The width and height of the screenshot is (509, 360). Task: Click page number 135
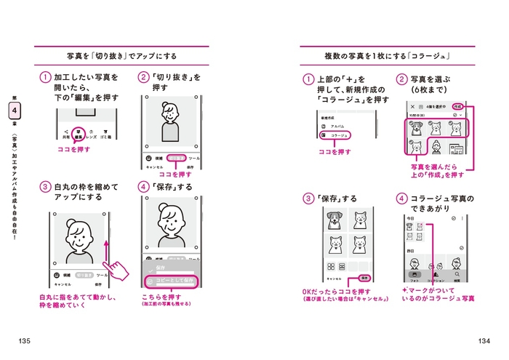25,341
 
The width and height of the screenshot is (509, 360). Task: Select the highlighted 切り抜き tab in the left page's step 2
175,157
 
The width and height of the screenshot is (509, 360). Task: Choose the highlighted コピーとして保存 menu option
175,281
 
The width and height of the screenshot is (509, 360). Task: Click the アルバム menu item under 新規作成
332,126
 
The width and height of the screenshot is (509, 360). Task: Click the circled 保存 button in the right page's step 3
365,278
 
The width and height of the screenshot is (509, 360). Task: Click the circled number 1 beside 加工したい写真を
45,77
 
